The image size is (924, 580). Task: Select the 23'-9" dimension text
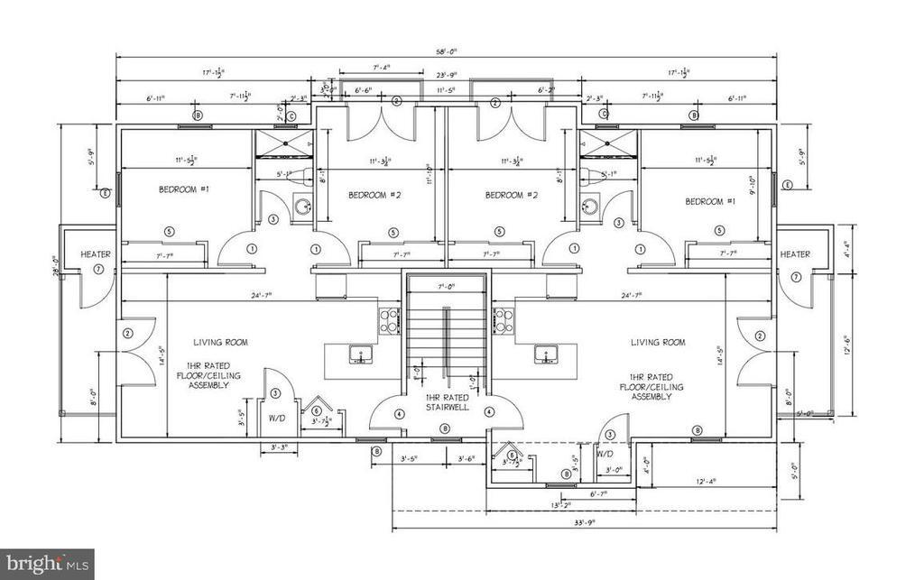click(448, 74)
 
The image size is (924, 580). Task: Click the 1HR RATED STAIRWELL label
click(446, 401)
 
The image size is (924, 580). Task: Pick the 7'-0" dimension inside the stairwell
click(447, 288)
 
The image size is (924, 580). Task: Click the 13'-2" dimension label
click(561, 504)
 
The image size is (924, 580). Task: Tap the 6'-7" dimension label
click(597, 493)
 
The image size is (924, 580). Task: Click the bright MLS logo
click(47, 565)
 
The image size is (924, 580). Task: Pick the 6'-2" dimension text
click(545, 91)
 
